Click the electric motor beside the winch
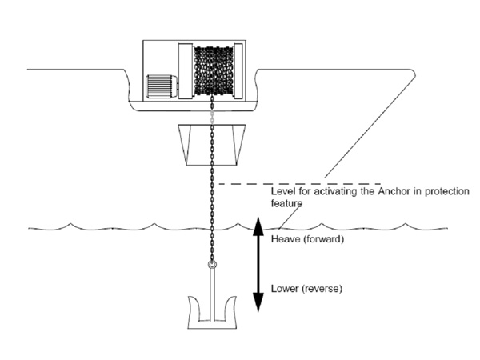162,86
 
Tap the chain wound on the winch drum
214,70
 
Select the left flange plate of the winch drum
186,71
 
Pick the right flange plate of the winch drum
238,71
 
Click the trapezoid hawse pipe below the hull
212,145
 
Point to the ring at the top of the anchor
212,265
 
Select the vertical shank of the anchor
212,294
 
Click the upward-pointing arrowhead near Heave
258,226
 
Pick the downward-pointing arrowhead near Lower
258,302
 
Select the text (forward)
324,239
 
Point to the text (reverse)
322,289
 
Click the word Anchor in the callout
394,191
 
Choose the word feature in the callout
286,203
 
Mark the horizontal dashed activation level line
300,184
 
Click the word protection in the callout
446,192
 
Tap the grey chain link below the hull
211,117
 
